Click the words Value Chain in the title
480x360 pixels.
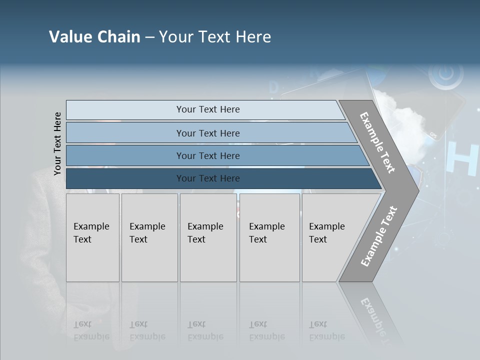[x=94, y=37]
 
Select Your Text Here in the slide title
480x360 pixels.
[x=215, y=37]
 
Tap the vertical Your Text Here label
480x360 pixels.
[x=57, y=144]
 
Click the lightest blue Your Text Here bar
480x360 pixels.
[x=207, y=109]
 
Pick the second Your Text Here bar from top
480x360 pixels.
[x=207, y=133]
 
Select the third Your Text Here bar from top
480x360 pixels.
[x=207, y=155]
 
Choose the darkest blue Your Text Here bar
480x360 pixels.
[x=207, y=178]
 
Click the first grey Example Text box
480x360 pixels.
[x=92, y=237]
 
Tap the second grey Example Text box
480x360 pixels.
[x=149, y=237]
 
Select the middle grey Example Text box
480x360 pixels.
[x=208, y=237]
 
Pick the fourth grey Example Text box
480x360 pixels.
[x=269, y=237]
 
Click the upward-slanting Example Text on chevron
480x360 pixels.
[x=378, y=236]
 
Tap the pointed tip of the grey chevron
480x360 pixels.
[x=416, y=190]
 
